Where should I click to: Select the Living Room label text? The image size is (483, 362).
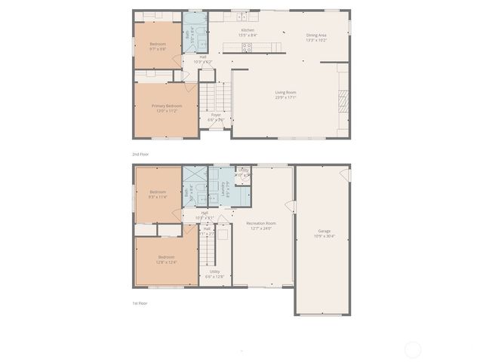pyautogui.click(x=285, y=95)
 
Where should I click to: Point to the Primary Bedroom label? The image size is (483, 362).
pyautogui.click(x=166, y=108)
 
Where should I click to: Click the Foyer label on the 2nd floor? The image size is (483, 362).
pyautogui.click(x=216, y=117)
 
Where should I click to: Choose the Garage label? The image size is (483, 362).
pyautogui.click(x=324, y=233)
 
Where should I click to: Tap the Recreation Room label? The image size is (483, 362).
pyautogui.click(x=261, y=225)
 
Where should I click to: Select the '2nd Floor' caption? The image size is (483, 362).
pyautogui.click(x=141, y=154)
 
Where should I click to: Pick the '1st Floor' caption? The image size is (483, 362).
pyautogui.click(x=140, y=303)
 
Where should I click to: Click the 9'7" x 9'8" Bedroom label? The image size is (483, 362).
pyautogui.click(x=158, y=46)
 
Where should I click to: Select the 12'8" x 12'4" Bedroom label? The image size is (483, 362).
pyautogui.click(x=166, y=261)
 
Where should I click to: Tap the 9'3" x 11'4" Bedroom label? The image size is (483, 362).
pyautogui.click(x=158, y=194)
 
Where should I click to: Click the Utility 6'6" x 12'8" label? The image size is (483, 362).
pyautogui.click(x=215, y=273)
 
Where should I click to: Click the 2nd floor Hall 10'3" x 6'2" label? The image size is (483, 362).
pyautogui.click(x=203, y=59)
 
